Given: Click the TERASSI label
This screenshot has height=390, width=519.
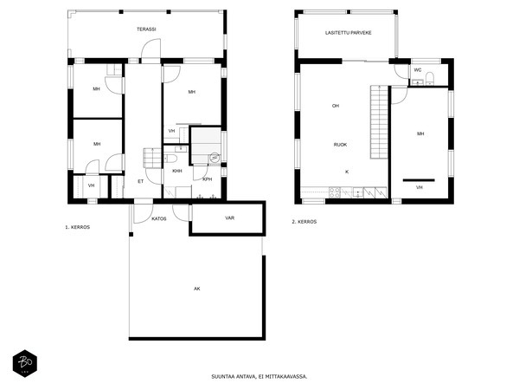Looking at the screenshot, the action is pos(146,29).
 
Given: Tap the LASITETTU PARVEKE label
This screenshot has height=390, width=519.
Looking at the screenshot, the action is pos(349,33).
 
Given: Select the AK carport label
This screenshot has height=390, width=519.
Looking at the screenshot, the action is pos(197,289).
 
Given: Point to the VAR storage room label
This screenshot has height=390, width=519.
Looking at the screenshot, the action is pos(230,218).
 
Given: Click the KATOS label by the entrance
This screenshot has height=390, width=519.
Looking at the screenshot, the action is pos(159,219).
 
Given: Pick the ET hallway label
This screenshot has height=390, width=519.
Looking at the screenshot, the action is pos(141,181).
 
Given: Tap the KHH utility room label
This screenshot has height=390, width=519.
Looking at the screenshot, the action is pos(177,171).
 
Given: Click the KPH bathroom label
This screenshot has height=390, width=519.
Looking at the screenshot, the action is pos(208,179).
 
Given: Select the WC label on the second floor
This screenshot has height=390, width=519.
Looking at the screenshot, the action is pos(418,70).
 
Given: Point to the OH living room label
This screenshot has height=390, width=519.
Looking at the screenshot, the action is pos(336,106).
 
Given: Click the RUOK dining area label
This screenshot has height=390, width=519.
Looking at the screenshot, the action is pos(340,145).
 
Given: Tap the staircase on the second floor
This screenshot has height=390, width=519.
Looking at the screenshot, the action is pos(379,121).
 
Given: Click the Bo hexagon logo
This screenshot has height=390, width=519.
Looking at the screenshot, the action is pos(25,363).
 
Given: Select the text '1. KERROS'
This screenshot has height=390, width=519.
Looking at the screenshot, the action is pos(78,227).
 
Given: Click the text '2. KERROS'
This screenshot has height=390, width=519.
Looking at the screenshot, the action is pos(304,222).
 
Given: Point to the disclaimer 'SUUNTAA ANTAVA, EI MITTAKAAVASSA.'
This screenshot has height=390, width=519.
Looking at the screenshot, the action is pos(259,376).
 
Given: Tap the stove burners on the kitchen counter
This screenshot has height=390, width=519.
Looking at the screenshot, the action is pos(335,192).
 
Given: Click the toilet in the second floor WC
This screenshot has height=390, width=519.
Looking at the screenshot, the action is pos(430,78).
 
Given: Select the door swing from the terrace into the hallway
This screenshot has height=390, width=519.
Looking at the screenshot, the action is pos(151,49).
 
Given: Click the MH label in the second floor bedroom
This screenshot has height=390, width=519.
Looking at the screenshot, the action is pos(420,133).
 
